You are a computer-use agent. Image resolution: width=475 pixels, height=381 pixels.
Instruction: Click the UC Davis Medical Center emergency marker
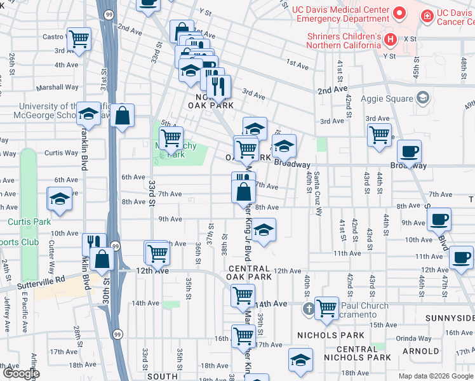399,12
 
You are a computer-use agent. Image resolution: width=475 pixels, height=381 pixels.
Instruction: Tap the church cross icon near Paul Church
308,308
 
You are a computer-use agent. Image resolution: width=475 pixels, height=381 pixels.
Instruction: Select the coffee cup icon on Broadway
410,152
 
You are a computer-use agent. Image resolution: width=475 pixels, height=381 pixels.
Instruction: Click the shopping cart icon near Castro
79,39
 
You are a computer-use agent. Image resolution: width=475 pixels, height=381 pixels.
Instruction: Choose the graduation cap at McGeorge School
88,114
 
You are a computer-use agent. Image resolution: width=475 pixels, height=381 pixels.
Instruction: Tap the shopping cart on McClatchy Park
170,137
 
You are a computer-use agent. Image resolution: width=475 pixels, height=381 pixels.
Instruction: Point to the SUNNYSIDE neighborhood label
453,317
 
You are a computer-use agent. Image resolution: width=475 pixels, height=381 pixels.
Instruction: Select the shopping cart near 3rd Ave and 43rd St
379,134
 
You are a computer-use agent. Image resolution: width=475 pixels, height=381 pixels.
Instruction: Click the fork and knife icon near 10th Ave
93,243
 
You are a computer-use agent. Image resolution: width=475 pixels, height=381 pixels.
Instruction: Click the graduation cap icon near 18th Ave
300,359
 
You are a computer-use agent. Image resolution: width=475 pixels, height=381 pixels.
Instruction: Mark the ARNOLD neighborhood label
421,351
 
